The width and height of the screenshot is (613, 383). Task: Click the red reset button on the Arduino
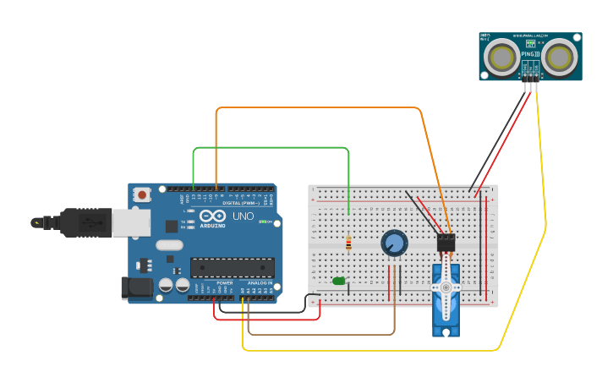142,194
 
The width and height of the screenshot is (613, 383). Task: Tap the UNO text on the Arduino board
244,217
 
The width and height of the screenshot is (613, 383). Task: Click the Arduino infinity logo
209,216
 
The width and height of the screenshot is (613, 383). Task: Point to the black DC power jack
136,288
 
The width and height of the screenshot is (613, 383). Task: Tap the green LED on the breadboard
339,281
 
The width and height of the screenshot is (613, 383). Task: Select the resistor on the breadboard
349,243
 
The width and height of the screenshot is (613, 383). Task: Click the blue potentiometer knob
393,243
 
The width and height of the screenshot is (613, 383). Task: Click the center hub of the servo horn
445,287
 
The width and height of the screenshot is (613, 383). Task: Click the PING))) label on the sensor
530,53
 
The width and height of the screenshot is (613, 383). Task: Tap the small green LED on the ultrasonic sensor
531,41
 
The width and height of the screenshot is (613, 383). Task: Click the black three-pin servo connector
446,243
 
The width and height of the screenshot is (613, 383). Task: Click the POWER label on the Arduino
224,283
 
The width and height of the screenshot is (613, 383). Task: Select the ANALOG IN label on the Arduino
260,283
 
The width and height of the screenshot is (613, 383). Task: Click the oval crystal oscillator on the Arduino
168,246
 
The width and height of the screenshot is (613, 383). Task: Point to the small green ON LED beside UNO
265,222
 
